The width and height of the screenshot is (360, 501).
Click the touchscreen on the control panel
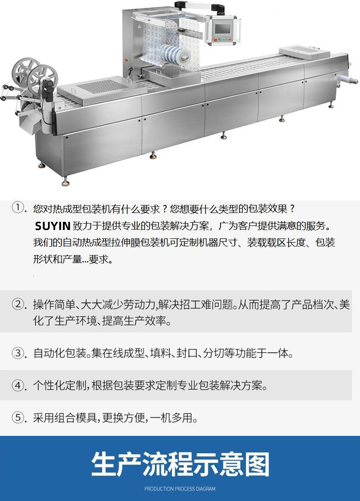(x=222, y=28)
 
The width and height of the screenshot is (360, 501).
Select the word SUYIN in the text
(x=52, y=226)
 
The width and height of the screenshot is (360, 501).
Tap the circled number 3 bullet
(x=18, y=353)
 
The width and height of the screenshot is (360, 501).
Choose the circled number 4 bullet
(x=18, y=385)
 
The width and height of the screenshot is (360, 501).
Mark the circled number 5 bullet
(x=18, y=417)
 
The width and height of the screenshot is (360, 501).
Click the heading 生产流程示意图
(x=180, y=464)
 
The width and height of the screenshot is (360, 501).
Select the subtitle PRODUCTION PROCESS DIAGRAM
(x=180, y=489)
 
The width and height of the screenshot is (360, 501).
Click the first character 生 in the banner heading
(x=103, y=464)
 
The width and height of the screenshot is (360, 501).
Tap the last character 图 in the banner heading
(x=257, y=464)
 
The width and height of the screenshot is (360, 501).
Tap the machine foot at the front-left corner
(x=66, y=183)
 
